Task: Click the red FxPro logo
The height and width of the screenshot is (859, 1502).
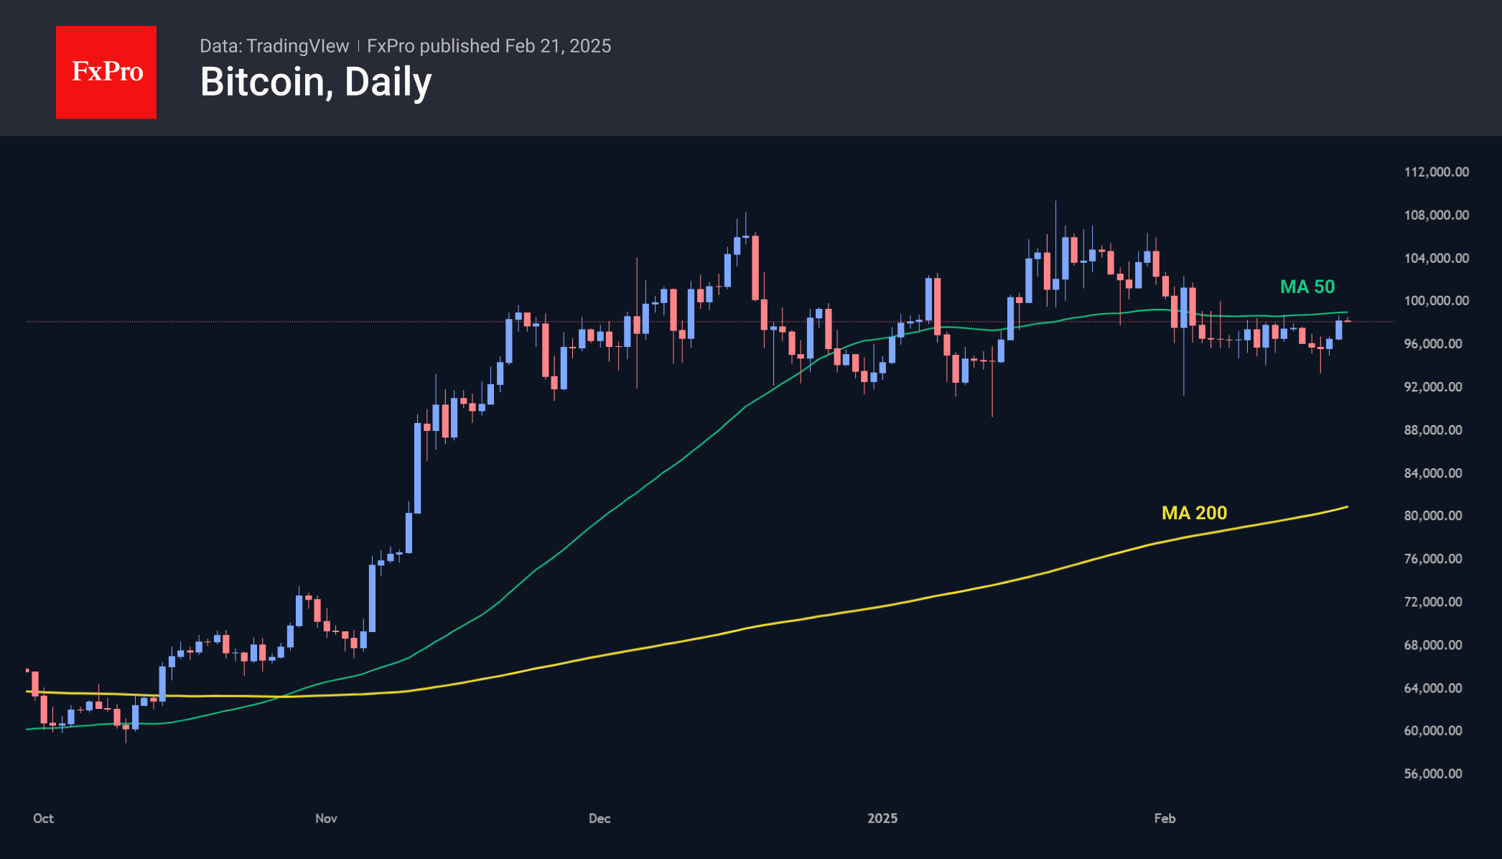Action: pyautogui.click(x=106, y=72)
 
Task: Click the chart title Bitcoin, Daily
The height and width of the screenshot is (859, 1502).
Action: pyautogui.click(x=316, y=82)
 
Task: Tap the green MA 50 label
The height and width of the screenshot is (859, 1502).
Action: pyautogui.click(x=1307, y=287)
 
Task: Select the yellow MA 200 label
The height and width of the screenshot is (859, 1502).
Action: pyautogui.click(x=1194, y=513)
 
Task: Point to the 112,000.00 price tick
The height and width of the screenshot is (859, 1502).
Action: pyautogui.click(x=1436, y=172)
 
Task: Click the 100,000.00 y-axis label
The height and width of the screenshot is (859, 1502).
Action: pyautogui.click(x=1436, y=300)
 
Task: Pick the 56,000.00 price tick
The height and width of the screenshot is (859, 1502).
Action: pyautogui.click(x=1433, y=774)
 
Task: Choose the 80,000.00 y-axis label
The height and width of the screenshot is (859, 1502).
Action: pyautogui.click(x=1433, y=516)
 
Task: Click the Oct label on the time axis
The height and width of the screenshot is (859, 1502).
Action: pyautogui.click(x=43, y=818)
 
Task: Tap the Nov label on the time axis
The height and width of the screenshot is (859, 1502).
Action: pyautogui.click(x=326, y=818)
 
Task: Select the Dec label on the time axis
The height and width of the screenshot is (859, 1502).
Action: pyautogui.click(x=600, y=818)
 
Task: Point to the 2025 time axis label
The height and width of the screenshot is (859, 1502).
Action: pyautogui.click(x=882, y=818)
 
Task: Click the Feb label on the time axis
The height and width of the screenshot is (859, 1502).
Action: pyautogui.click(x=1165, y=818)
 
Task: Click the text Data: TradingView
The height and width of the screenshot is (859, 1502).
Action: pyautogui.click(x=274, y=46)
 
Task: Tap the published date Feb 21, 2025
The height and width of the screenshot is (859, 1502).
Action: pyautogui.click(x=558, y=46)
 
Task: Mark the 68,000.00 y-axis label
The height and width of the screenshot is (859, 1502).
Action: pyautogui.click(x=1433, y=645)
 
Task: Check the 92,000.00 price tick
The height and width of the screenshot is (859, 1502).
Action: pyautogui.click(x=1433, y=386)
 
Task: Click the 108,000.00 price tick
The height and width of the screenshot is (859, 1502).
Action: pyautogui.click(x=1436, y=215)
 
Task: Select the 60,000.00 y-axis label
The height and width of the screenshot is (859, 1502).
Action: pyautogui.click(x=1433, y=730)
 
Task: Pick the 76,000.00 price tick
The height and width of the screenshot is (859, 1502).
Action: pyautogui.click(x=1433, y=559)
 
